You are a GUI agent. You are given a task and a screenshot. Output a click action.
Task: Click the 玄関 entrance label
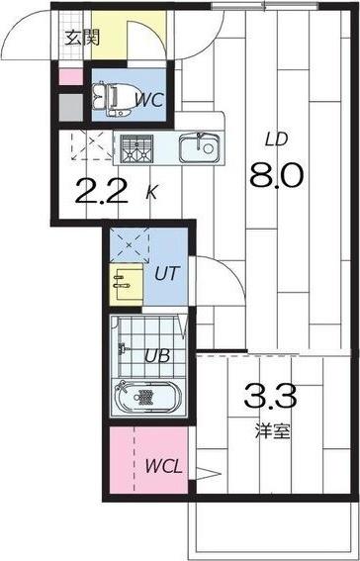82,39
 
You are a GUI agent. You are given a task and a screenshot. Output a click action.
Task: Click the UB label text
157,357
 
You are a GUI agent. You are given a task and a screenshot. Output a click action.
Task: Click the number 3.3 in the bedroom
269,401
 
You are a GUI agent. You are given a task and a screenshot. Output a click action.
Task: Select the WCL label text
162,466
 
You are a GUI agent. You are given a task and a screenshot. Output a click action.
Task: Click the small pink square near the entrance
68,77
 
